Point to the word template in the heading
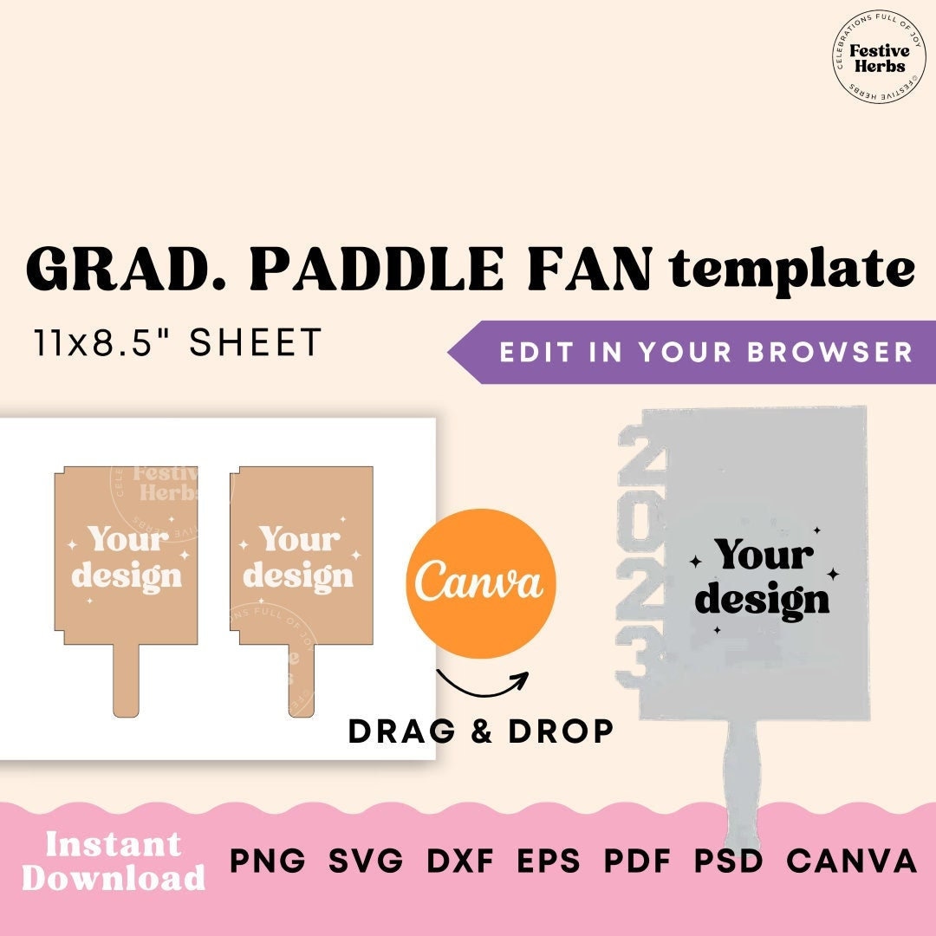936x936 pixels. (x=792, y=270)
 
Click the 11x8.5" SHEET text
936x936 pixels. (x=179, y=344)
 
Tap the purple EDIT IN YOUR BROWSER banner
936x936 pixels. (x=693, y=352)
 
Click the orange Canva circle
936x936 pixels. (x=480, y=583)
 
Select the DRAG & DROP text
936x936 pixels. (x=481, y=731)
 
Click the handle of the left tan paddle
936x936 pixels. (x=126, y=680)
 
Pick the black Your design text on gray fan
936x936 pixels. (x=763, y=576)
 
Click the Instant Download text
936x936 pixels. (x=114, y=861)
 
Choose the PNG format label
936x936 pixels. (x=268, y=861)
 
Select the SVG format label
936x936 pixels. (x=366, y=861)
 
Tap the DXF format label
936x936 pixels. (x=460, y=861)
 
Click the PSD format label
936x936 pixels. (x=728, y=861)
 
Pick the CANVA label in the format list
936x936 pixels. (x=851, y=861)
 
